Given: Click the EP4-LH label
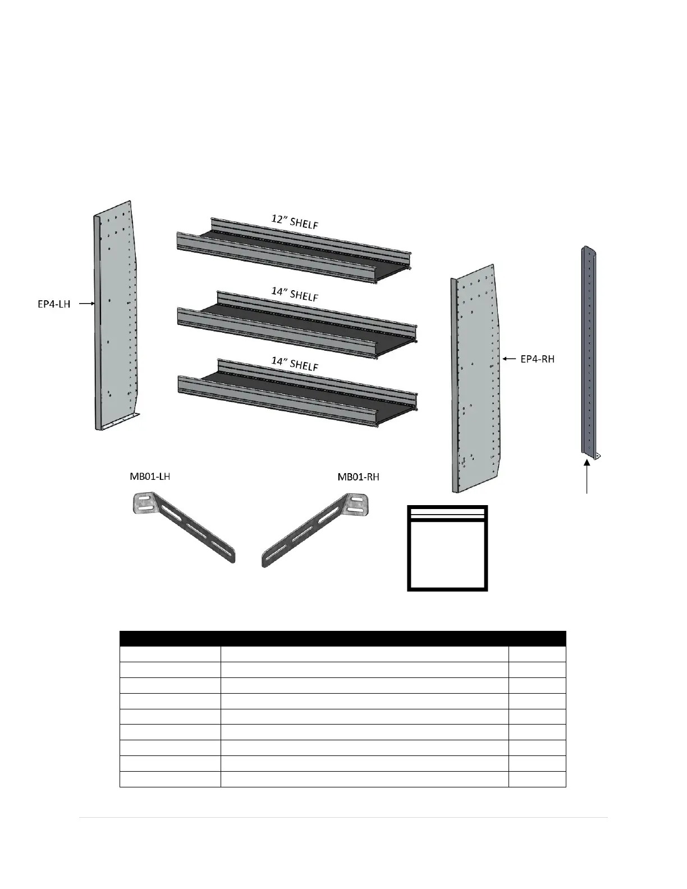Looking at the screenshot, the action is (x=50, y=304).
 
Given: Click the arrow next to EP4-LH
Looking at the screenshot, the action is (x=84, y=304).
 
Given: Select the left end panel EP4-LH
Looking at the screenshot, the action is (x=116, y=314).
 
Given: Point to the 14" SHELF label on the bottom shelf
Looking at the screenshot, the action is (x=295, y=364).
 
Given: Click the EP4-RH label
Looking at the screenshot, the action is (x=537, y=359).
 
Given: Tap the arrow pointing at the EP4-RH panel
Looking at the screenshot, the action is (x=509, y=358).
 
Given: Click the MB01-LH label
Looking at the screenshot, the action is (x=146, y=477).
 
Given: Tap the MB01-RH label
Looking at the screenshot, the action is (x=358, y=477).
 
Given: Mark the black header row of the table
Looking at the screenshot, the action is (x=342, y=638).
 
